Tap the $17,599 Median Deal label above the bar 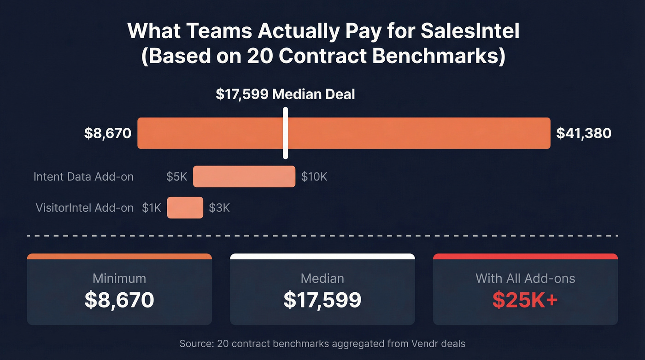pyautogui.click(x=286, y=94)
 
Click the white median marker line pyautogui.click(x=286, y=134)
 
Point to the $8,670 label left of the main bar pyautogui.click(x=108, y=133)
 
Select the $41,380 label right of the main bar pyautogui.click(x=584, y=133)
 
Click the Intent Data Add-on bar pyautogui.click(x=244, y=177)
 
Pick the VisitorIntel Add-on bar pyautogui.click(x=185, y=207)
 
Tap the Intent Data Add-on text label pyautogui.click(x=83, y=177)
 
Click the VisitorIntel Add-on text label pyautogui.click(x=85, y=207)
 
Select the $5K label pyautogui.click(x=177, y=177)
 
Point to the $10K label pyautogui.click(x=314, y=177)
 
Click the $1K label pyautogui.click(x=151, y=207)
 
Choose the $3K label pyautogui.click(x=219, y=207)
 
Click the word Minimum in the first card pyautogui.click(x=119, y=278)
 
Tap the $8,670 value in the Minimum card pyautogui.click(x=119, y=300)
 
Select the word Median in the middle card pyautogui.click(x=322, y=278)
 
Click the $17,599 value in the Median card pyautogui.click(x=322, y=300)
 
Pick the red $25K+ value pyautogui.click(x=525, y=300)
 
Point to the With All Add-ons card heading pyautogui.click(x=525, y=278)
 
